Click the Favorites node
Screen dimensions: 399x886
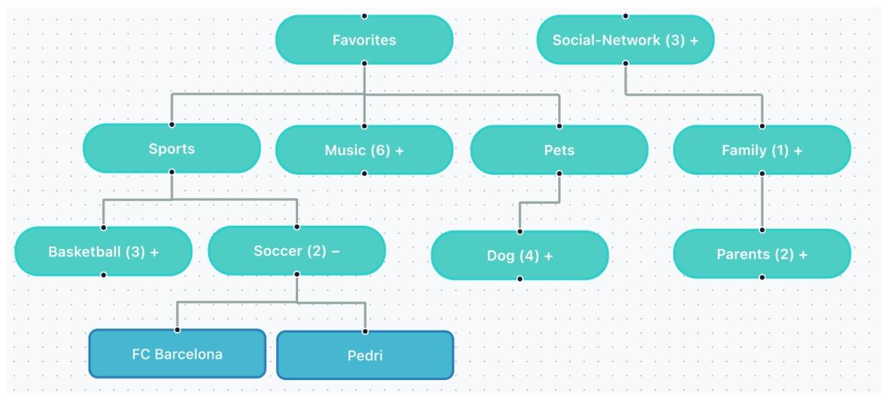tap(364, 40)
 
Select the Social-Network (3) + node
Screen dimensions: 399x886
tap(625, 40)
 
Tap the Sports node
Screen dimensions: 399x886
tap(172, 149)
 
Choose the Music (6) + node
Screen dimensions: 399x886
tap(364, 150)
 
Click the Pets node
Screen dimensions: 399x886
tap(559, 150)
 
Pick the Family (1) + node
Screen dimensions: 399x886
tap(761, 151)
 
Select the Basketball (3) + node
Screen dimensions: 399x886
tap(103, 252)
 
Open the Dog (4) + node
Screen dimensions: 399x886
tap(520, 256)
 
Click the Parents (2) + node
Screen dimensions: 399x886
tap(761, 254)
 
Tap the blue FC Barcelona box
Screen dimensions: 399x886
tap(177, 355)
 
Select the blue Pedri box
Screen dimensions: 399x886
tap(365, 356)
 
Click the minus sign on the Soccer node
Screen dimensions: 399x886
tap(335, 251)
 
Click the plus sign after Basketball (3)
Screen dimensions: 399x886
tap(154, 252)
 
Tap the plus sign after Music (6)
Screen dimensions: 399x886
tap(399, 150)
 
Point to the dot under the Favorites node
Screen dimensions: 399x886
tap(364, 63)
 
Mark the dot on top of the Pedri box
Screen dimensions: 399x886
tap(365, 331)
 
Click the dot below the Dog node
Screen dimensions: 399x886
tap(520, 279)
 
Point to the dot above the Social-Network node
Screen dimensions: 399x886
tap(625, 15)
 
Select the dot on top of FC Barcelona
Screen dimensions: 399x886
tap(177, 330)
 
